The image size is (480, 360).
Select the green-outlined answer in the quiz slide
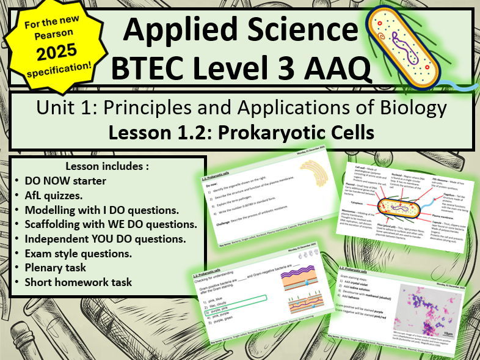(x=228, y=299)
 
